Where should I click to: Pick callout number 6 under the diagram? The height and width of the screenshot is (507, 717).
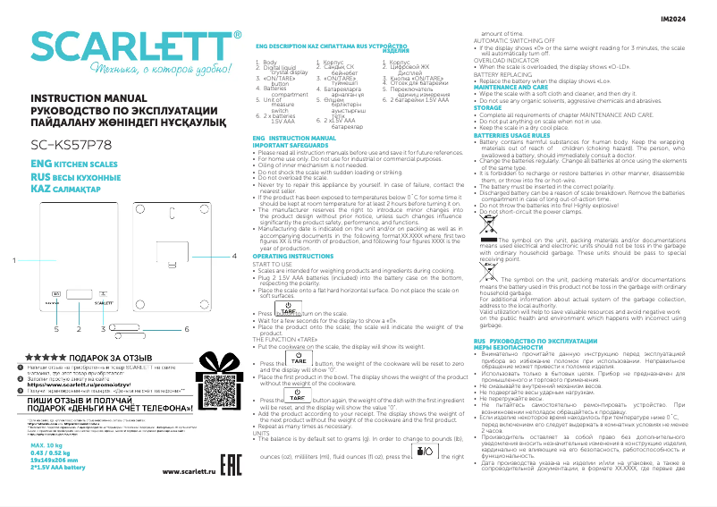[x=187, y=329]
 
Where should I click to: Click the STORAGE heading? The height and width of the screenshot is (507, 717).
[x=488, y=107]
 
